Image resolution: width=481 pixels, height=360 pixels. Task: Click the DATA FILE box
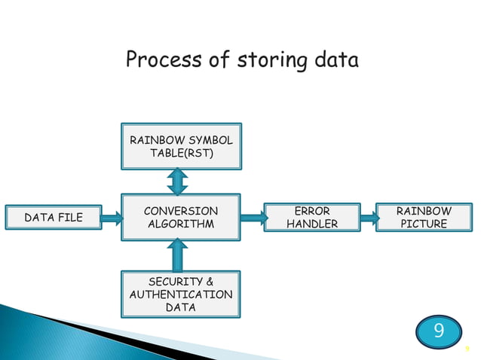(x=53, y=218)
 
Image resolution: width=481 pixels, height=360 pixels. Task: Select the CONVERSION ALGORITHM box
(x=181, y=218)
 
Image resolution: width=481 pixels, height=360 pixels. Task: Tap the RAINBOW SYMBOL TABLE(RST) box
(x=181, y=147)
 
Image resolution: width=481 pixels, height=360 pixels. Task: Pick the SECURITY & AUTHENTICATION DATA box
(x=181, y=294)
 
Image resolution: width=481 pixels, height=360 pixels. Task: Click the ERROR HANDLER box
(x=312, y=218)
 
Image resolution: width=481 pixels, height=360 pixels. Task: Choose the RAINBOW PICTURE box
(x=424, y=218)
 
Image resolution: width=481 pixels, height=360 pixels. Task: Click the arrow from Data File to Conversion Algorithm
(x=111, y=218)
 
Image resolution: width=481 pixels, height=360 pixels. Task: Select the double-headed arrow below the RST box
(x=179, y=182)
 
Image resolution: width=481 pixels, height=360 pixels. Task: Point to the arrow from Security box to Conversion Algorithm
(x=179, y=255)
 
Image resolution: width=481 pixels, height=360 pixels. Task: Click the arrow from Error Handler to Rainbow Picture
(x=369, y=218)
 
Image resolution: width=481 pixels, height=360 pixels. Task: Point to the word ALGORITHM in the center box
(x=181, y=224)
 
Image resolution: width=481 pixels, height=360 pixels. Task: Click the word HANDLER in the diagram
(x=312, y=224)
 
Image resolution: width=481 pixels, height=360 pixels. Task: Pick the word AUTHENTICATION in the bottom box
(x=181, y=294)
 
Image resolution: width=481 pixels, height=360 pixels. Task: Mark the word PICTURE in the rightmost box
(x=424, y=224)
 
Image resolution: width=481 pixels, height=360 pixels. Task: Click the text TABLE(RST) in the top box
(x=181, y=154)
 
